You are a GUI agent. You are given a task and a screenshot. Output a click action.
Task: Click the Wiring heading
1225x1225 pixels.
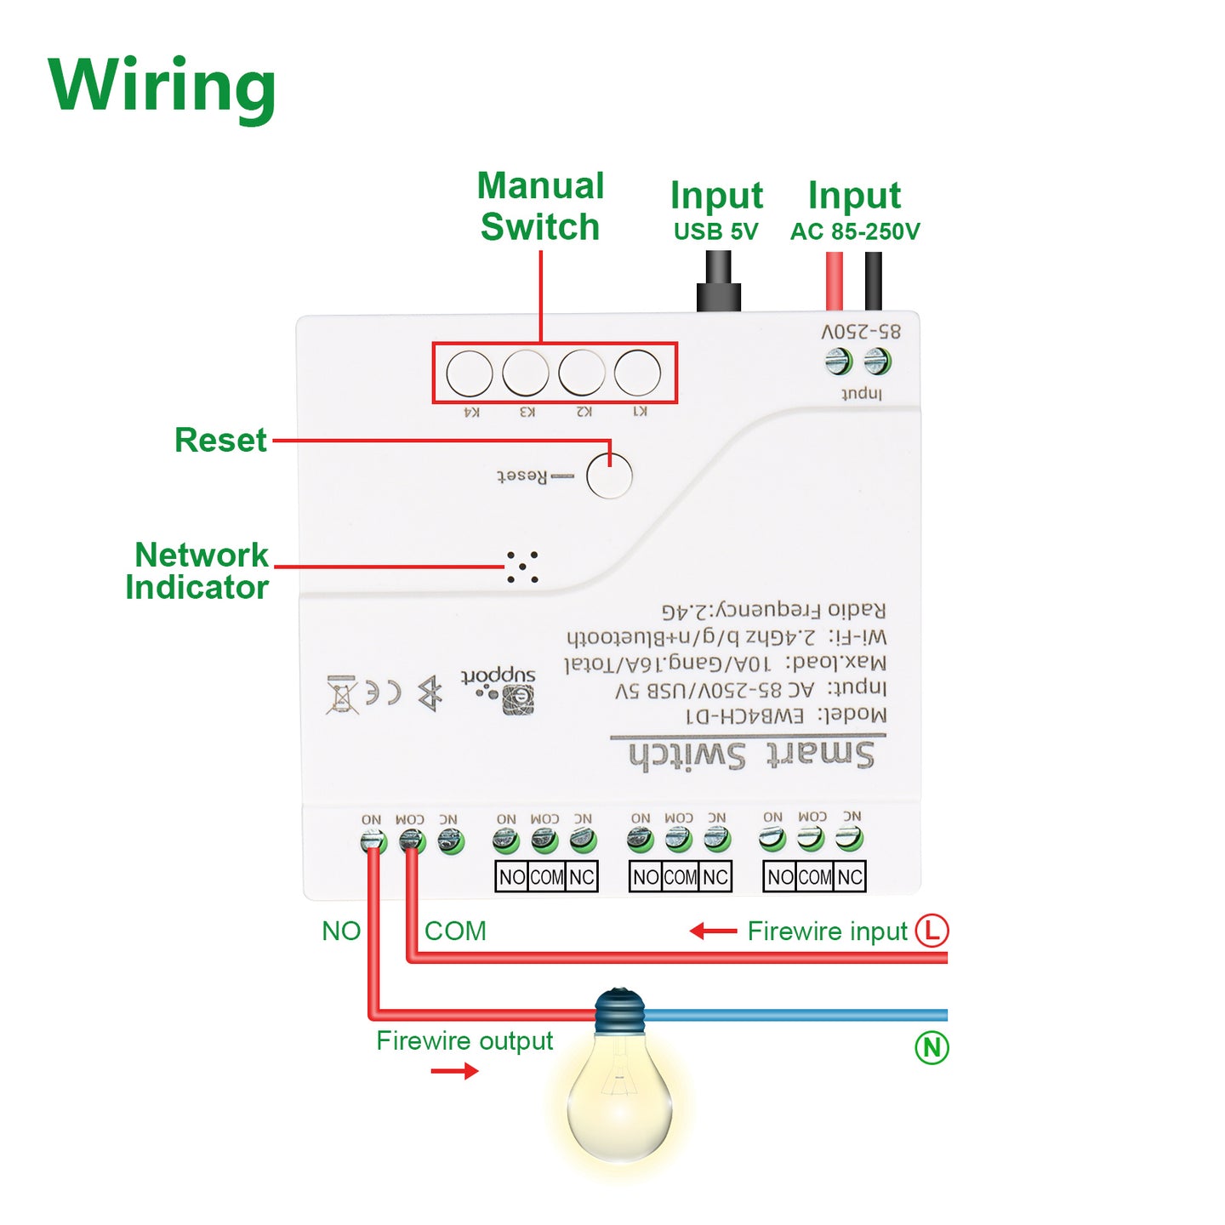pyautogui.click(x=162, y=87)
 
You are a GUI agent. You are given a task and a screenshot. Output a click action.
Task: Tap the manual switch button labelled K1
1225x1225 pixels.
pyautogui.click(x=637, y=373)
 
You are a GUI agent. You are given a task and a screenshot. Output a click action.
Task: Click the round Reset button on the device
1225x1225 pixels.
pyautogui.click(x=609, y=476)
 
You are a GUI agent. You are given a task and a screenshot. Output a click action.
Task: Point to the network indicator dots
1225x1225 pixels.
pyautogui.click(x=522, y=567)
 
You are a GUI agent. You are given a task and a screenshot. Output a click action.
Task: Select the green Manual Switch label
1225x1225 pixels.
pyautogui.click(x=540, y=207)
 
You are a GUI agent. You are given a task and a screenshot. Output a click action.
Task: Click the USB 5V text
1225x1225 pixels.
pyautogui.click(x=715, y=231)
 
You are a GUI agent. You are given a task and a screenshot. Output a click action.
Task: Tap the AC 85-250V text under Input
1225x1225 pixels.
pyautogui.click(x=855, y=231)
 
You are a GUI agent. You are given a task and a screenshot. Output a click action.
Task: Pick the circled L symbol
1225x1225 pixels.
pyautogui.click(x=932, y=930)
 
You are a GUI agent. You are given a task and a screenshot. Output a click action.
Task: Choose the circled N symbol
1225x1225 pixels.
pyautogui.click(x=932, y=1047)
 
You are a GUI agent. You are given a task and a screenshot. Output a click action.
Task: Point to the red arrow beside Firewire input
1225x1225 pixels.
pyautogui.click(x=713, y=932)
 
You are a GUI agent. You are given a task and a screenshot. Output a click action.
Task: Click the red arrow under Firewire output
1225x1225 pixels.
pyautogui.click(x=454, y=1071)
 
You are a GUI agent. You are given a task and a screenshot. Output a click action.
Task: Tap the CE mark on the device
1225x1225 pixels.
pyautogui.click(x=383, y=693)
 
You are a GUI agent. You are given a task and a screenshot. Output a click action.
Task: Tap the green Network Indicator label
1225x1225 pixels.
pyautogui.click(x=198, y=571)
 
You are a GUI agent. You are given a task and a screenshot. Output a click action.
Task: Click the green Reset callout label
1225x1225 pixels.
pyautogui.click(x=220, y=441)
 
